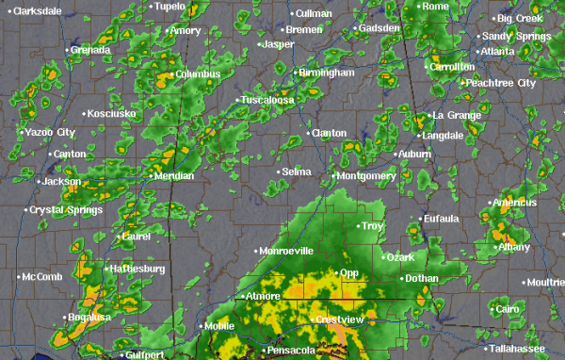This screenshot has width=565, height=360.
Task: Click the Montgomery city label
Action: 366,175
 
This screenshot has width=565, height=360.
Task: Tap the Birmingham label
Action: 326,73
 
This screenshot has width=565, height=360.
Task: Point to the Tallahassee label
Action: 519,349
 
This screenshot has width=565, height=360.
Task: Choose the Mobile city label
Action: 219,326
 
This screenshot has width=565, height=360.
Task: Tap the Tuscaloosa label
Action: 267,99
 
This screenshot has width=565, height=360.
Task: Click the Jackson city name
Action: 62,181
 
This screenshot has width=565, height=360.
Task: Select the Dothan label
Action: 422,278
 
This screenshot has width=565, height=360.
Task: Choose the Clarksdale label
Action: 38,10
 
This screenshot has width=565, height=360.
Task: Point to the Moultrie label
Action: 547,282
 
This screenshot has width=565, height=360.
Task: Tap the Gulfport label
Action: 144,355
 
